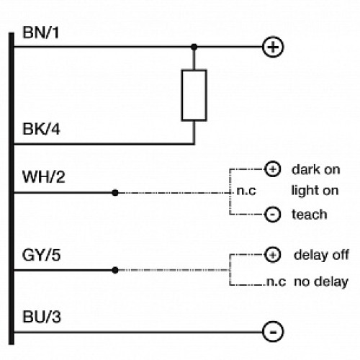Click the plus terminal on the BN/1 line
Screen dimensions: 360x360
273,48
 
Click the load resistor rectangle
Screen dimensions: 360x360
194,95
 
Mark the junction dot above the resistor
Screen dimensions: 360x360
194,48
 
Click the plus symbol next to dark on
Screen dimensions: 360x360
272,170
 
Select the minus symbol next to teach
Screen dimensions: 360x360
272,215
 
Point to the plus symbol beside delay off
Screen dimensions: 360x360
272,255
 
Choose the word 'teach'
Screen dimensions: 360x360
309,215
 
